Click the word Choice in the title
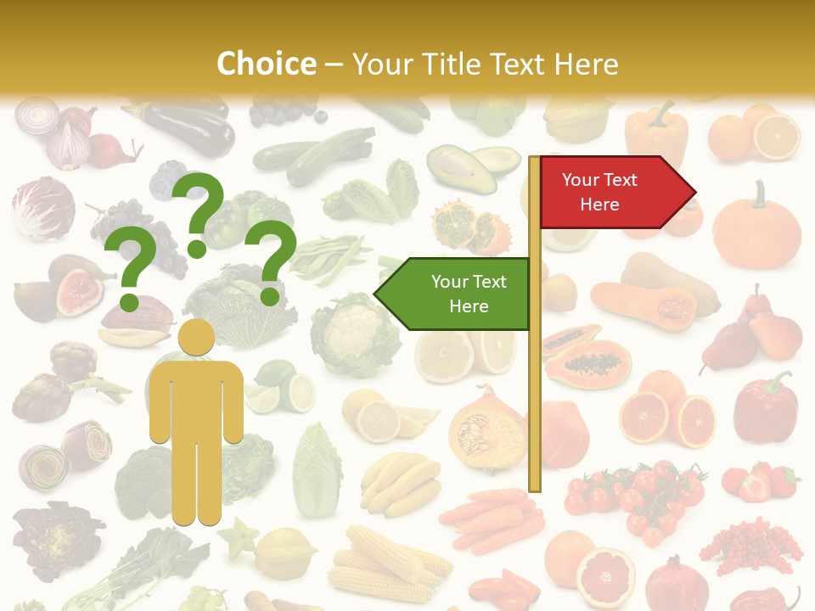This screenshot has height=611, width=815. (x=266, y=64)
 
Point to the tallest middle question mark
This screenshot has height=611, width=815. (x=200, y=212)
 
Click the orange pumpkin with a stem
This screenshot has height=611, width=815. (x=756, y=229)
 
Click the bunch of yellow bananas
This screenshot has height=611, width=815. (x=400, y=484)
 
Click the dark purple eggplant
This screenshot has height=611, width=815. (x=191, y=127)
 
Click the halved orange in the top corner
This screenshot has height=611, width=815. (x=778, y=136)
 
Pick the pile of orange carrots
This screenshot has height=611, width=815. (x=492, y=518)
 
